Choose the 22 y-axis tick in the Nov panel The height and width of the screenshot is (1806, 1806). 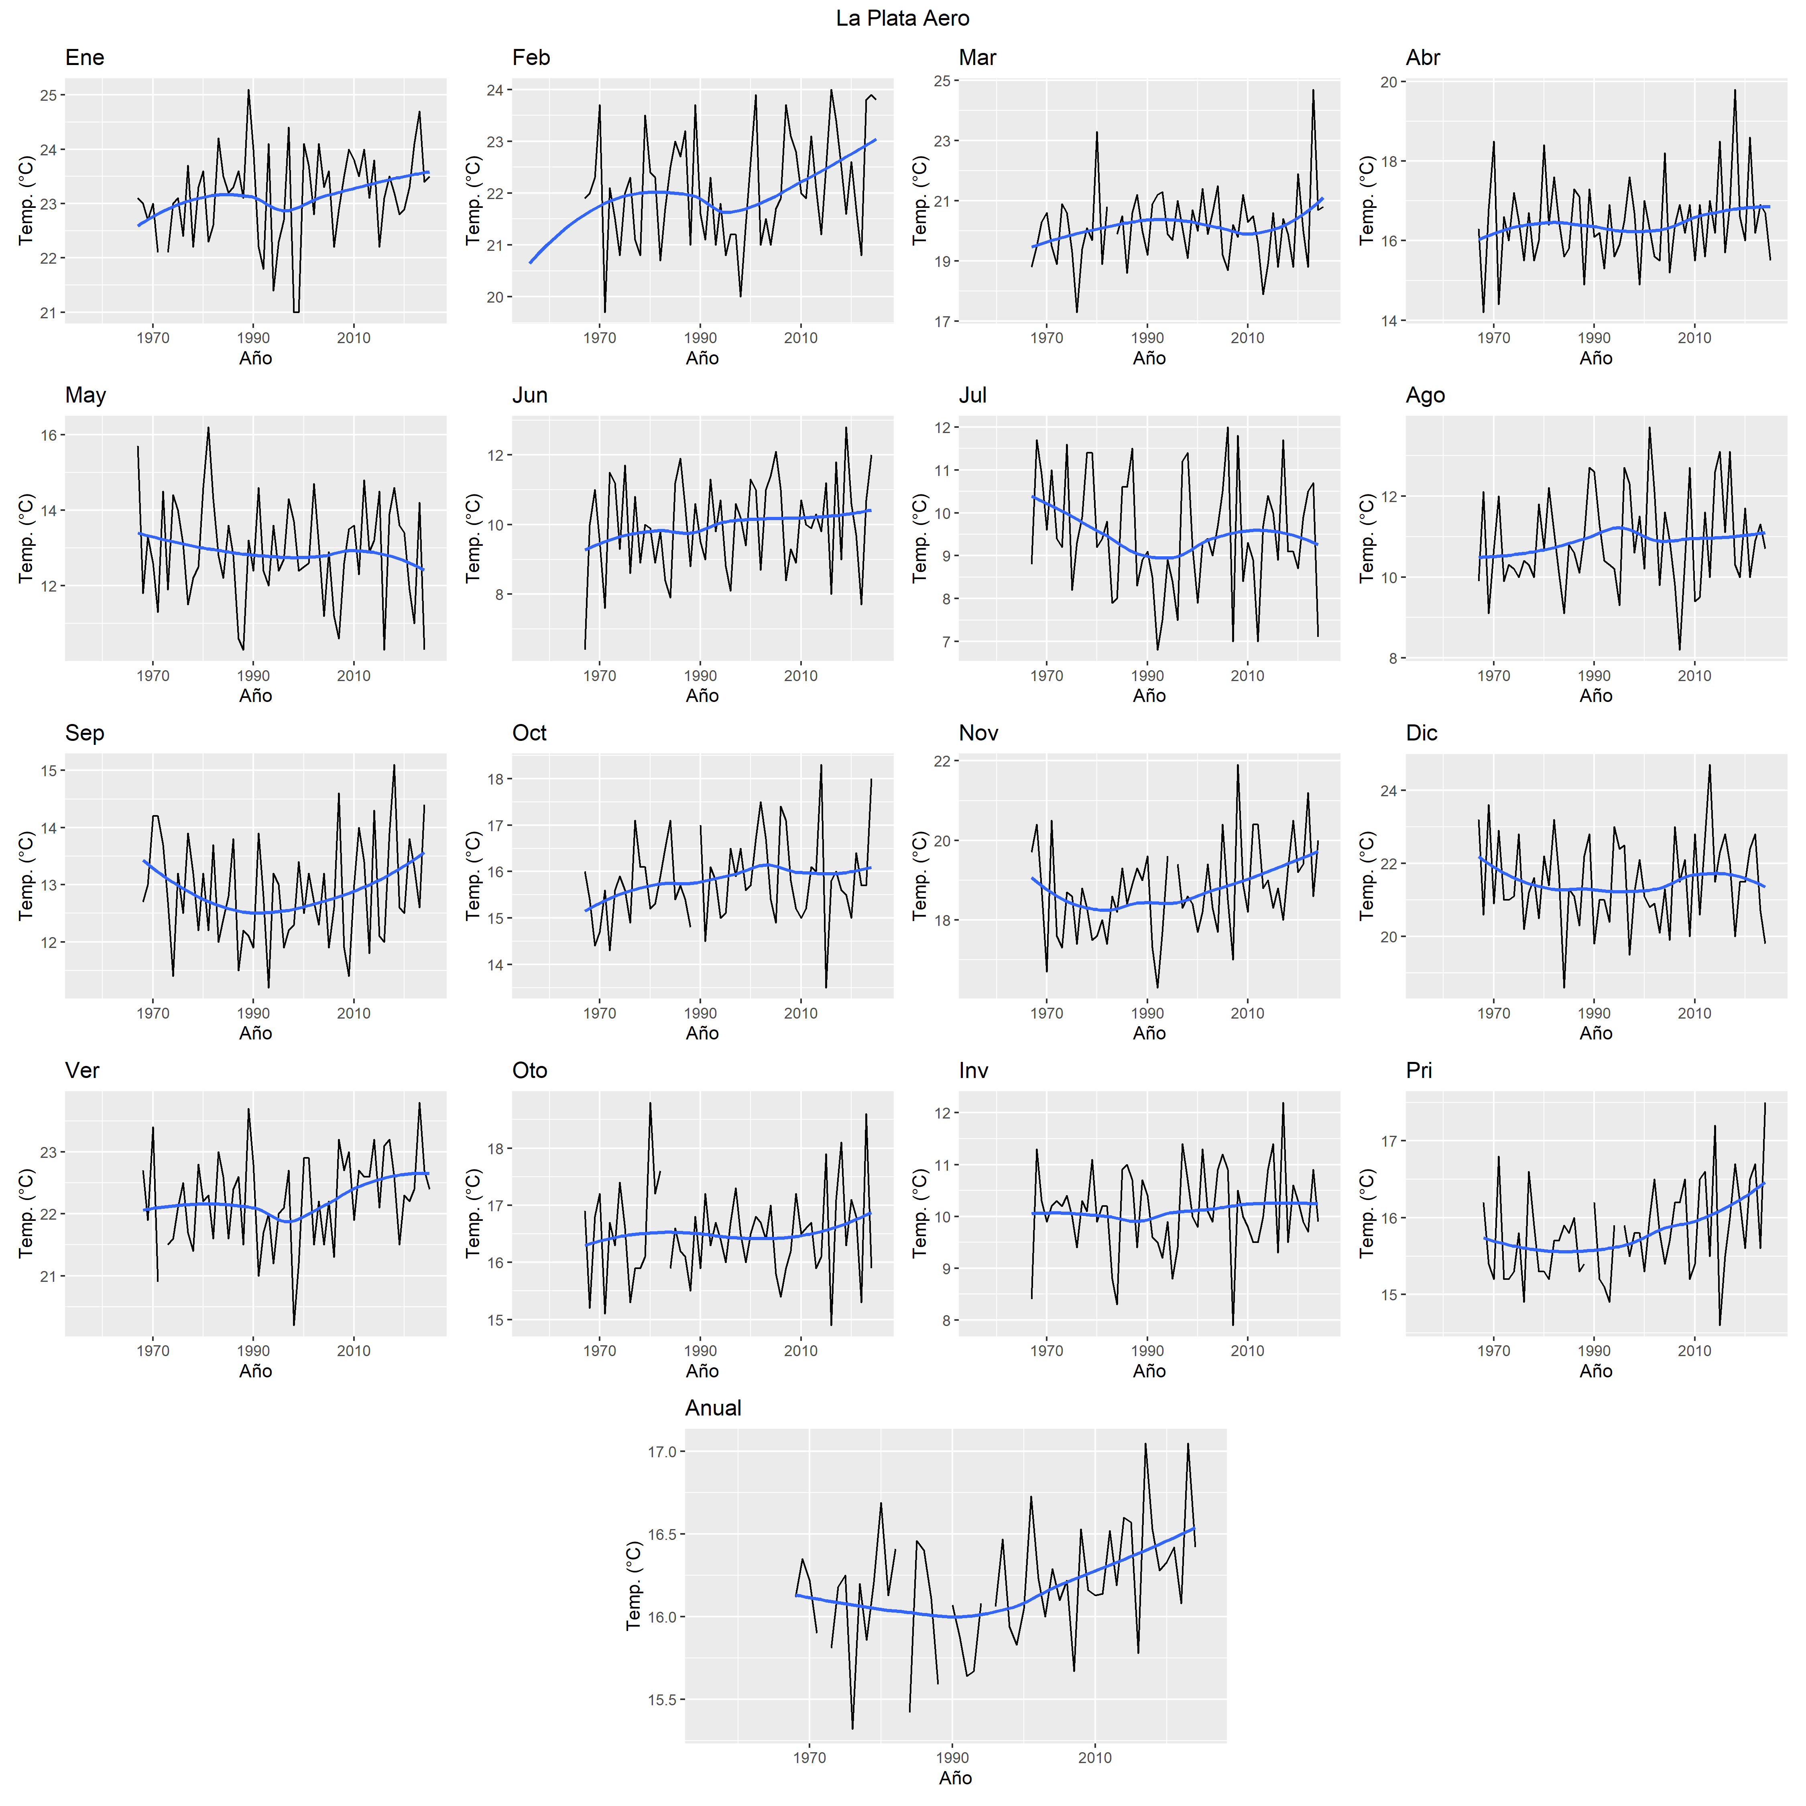[x=941, y=762]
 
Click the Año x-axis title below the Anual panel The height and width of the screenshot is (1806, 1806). [x=955, y=1778]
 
